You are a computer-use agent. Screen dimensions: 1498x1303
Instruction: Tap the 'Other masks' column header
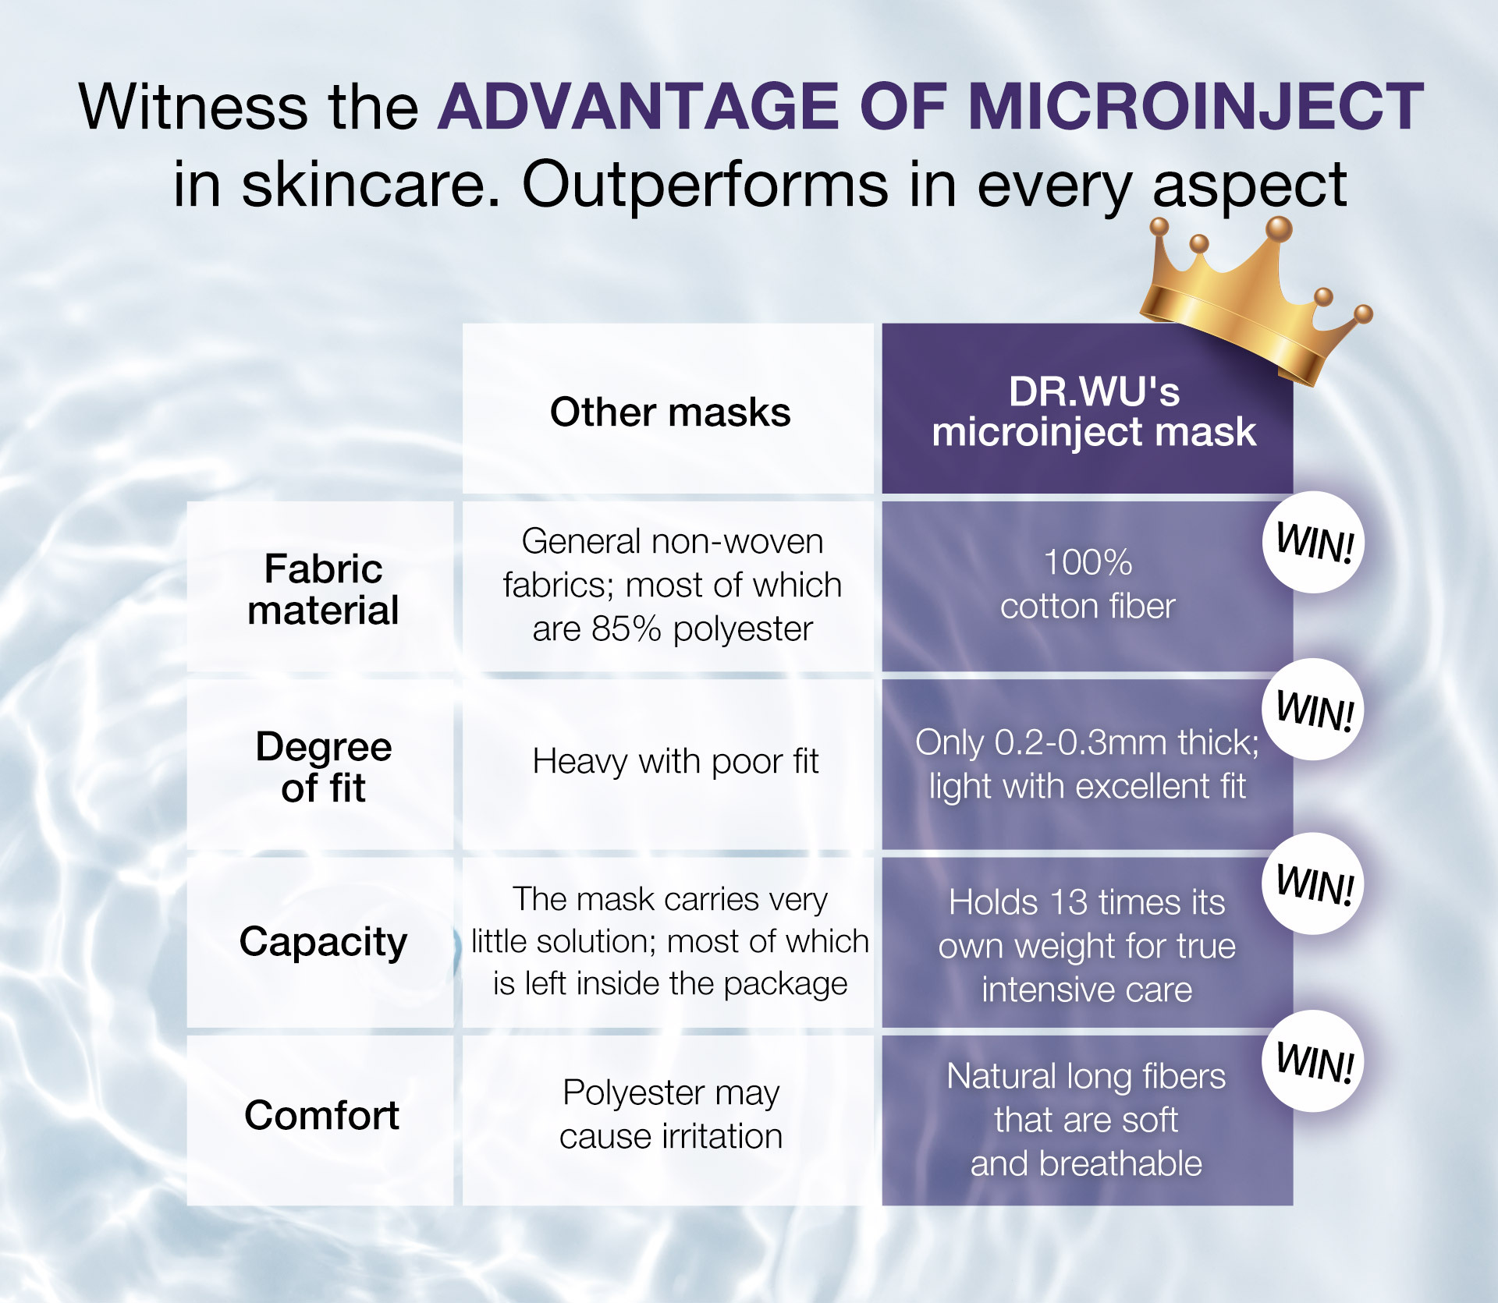point(670,412)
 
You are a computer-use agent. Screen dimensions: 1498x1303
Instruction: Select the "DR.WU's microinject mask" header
point(1094,412)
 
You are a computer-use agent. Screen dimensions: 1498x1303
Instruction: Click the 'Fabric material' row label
point(323,589)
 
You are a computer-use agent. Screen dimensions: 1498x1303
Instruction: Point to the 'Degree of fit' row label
point(323,767)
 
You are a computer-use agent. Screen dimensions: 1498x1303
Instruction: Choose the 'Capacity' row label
point(323,942)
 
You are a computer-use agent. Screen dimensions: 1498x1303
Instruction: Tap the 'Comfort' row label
point(321,1115)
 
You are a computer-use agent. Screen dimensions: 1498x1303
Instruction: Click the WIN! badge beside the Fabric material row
point(1314,542)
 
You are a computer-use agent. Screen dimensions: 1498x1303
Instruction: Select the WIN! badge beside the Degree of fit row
point(1314,710)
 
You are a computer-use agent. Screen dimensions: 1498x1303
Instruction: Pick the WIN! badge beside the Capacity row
point(1314,883)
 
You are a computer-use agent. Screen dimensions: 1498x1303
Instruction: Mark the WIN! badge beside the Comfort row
point(1314,1061)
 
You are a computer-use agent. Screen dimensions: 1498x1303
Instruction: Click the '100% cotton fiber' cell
point(1088,584)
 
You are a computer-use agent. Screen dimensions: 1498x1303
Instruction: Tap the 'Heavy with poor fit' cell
point(676,761)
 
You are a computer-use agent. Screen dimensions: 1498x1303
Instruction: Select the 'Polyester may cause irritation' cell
point(671,1114)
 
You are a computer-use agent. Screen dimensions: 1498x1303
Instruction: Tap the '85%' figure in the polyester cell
point(626,628)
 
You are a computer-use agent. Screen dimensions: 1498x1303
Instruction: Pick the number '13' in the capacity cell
point(1069,902)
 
